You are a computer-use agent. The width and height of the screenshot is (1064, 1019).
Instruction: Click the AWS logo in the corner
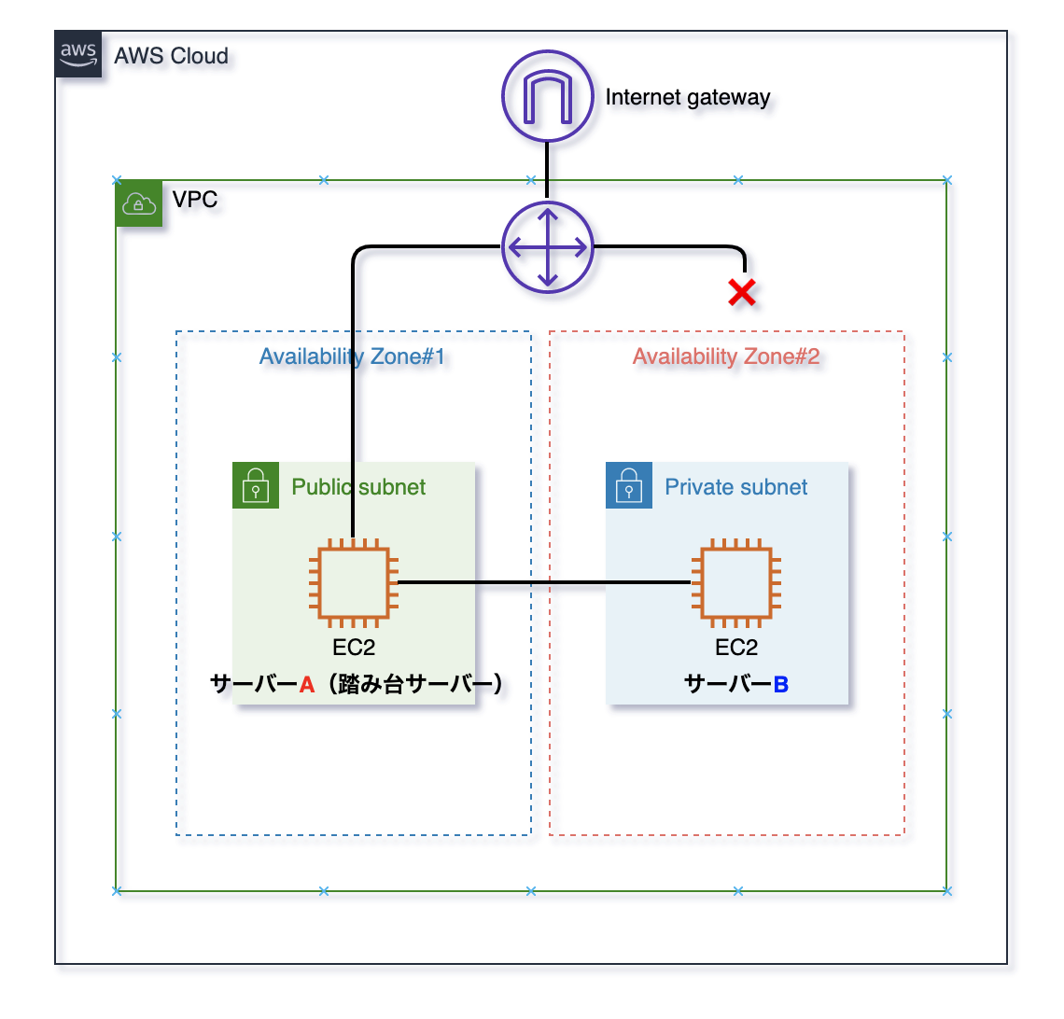click(78, 53)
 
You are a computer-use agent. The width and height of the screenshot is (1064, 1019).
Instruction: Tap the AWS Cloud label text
click(171, 56)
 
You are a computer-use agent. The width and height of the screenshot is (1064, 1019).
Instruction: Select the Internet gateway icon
click(548, 96)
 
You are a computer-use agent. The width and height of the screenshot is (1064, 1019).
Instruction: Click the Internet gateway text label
click(688, 97)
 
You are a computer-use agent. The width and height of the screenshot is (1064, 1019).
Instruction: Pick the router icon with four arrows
click(548, 247)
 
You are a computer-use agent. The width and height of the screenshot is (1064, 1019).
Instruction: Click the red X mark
click(742, 293)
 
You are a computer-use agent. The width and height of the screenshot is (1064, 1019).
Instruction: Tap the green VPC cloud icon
click(139, 202)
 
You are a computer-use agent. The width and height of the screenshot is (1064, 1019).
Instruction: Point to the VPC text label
click(195, 200)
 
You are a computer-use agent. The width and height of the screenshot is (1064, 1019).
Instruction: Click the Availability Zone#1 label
click(352, 356)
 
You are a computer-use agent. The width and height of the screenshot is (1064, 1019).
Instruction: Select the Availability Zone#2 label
click(726, 356)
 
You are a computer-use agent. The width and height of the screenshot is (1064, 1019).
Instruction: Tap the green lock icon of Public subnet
click(255, 485)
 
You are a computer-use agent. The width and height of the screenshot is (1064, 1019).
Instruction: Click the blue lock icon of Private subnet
click(628, 485)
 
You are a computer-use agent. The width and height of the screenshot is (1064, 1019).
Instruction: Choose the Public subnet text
click(358, 487)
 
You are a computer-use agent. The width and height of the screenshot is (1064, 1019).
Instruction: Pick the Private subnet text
click(736, 487)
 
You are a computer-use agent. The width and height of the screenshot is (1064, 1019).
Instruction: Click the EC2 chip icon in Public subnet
click(354, 583)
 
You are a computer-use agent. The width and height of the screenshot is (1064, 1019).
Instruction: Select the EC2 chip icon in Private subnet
click(736, 583)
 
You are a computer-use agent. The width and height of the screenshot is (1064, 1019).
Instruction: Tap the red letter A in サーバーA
click(307, 685)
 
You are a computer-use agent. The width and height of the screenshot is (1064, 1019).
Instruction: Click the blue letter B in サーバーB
click(781, 685)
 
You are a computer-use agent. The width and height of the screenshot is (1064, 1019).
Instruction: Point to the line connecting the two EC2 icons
click(541, 583)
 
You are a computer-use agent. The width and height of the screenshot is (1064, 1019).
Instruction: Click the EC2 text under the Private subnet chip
click(736, 648)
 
